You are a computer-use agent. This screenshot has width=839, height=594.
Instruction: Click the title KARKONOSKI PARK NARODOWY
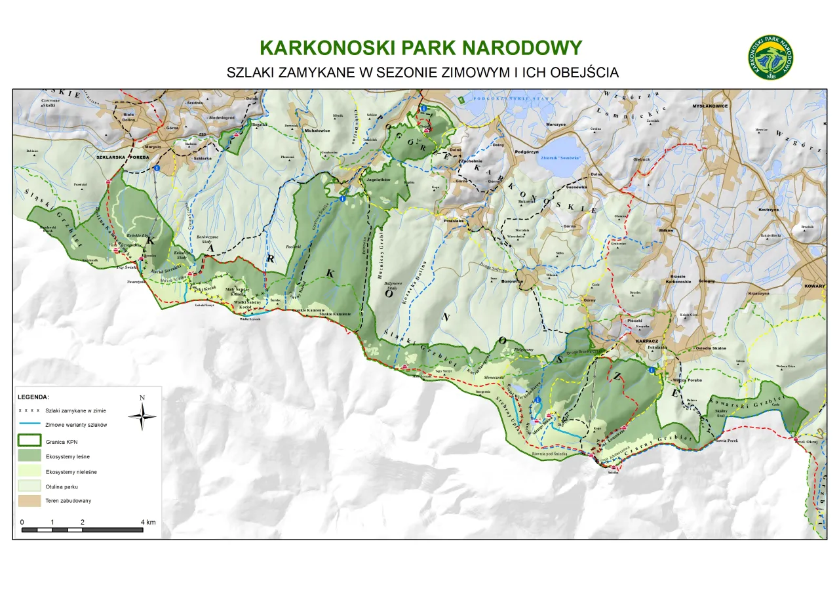[x=420, y=48]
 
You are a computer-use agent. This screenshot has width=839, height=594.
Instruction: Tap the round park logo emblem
[x=772, y=58]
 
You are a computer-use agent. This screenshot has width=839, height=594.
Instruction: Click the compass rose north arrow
[x=142, y=416]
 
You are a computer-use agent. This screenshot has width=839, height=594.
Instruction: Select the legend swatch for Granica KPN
[x=29, y=441]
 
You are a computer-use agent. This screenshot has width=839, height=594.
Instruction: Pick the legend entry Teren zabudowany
[x=68, y=501]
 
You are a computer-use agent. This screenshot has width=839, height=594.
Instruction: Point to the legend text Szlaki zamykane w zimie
[x=76, y=410]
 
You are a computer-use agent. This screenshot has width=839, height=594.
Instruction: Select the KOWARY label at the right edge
[x=815, y=286]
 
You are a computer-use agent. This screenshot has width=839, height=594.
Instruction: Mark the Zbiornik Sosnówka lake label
[x=562, y=158]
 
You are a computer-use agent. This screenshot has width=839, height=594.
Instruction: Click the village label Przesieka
[x=454, y=221]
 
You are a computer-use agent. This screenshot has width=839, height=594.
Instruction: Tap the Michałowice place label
[x=318, y=130]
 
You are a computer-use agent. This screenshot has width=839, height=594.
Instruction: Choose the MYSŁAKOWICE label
[x=711, y=106]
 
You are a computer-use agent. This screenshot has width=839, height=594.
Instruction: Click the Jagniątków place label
[x=379, y=178]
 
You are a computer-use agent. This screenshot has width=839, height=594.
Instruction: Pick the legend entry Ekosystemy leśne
[x=68, y=456]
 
